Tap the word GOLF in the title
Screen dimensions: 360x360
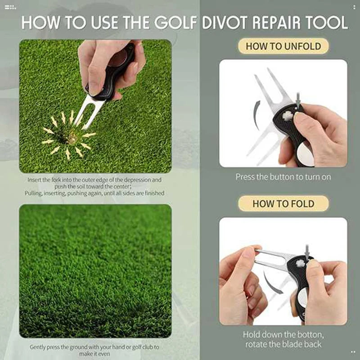click(176, 22)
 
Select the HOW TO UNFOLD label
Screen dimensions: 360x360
click(283, 46)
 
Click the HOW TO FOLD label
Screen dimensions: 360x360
click(283, 203)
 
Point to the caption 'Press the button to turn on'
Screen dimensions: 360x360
click(283, 177)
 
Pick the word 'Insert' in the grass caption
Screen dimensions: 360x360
click(35, 180)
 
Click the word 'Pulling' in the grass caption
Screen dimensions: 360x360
click(34, 193)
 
